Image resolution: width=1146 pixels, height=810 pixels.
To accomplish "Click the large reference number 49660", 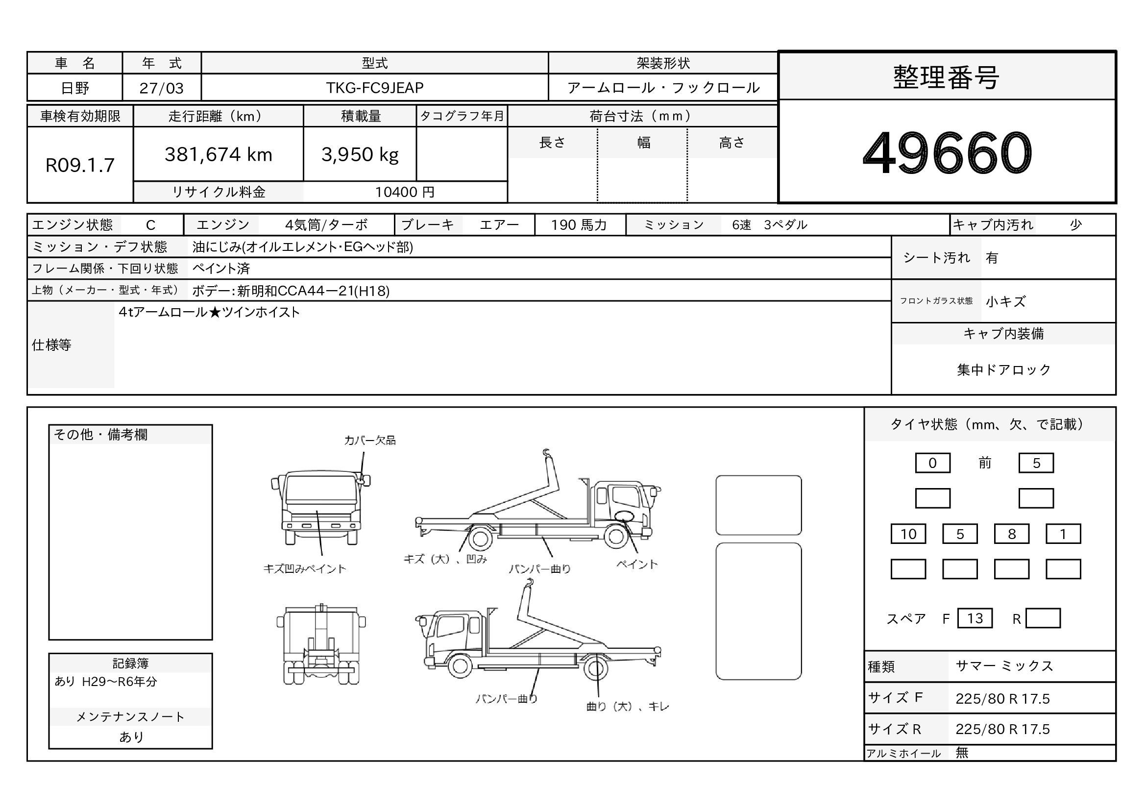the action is coord(947,152).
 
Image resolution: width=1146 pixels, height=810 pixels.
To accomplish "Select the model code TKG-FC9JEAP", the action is coord(375,88).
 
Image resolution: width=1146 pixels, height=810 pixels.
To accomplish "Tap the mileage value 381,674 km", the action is coord(218,155).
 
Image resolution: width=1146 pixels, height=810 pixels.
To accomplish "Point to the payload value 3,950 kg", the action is coord(360,155).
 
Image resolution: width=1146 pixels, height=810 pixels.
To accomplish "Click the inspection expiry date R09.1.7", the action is coord(80,165).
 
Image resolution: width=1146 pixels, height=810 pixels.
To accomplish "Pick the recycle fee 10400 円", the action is coord(405,192).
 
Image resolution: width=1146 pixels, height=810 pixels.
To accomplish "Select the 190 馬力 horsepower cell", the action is coord(579,225).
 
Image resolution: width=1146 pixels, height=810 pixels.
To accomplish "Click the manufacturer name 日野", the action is coord(75,88).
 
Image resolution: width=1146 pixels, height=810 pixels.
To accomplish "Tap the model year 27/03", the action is coord(161,88).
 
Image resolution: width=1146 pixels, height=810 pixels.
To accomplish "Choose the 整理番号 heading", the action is coord(947,78).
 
